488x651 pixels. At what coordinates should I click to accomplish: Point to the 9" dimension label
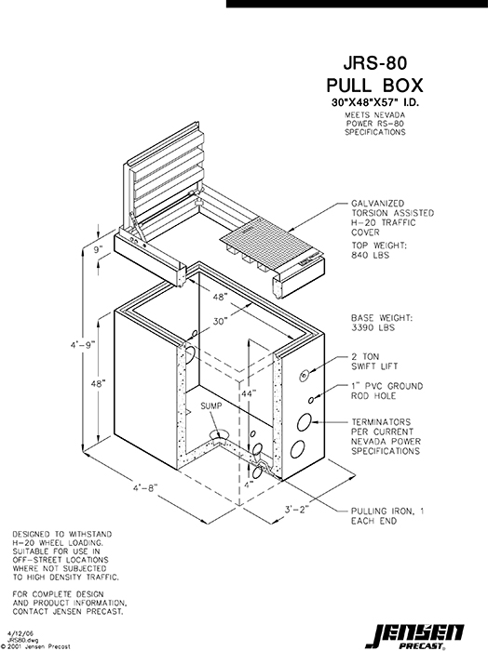coord(99,250)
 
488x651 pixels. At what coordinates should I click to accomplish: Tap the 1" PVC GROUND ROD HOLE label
coord(386,391)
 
